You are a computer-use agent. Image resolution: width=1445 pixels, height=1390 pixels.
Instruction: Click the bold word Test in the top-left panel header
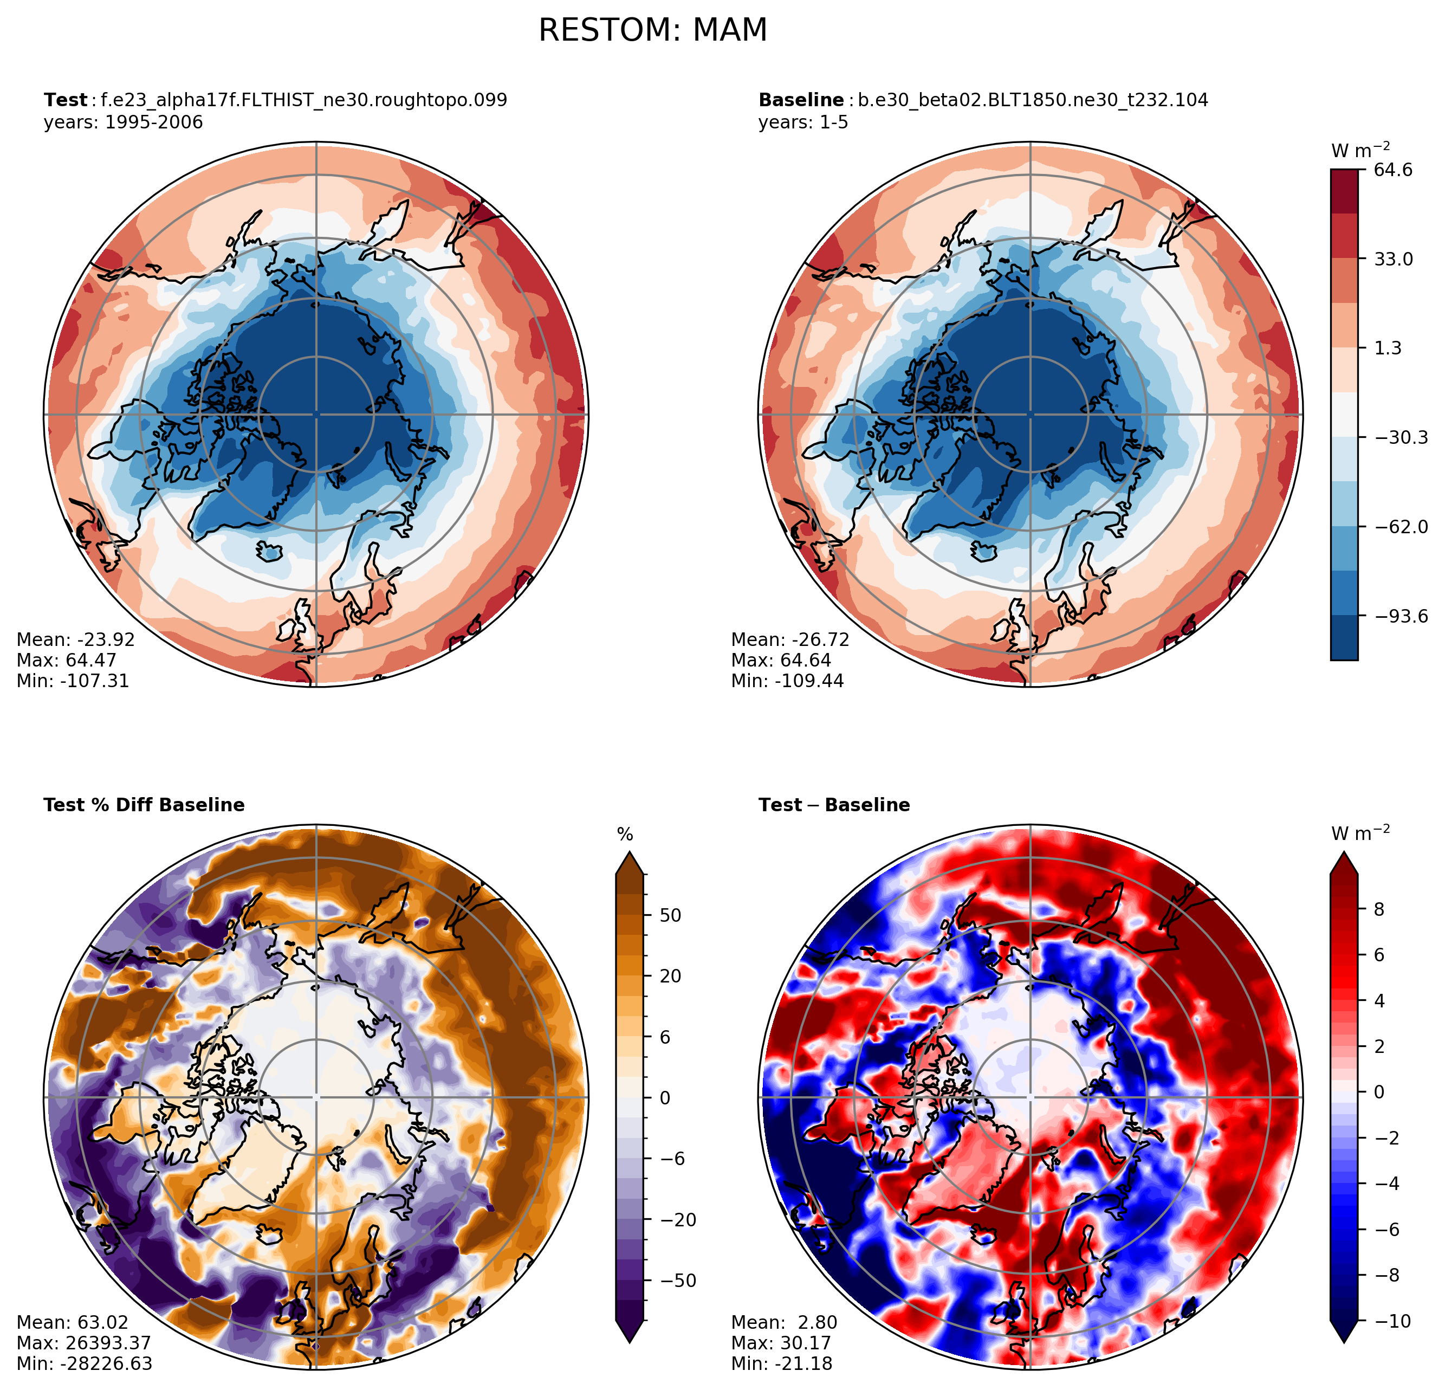pyautogui.click(x=65, y=100)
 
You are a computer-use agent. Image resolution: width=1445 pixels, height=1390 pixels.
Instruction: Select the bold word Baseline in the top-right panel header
pyautogui.click(x=801, y=100)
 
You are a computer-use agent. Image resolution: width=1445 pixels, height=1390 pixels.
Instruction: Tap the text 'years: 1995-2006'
pyautogui.click(x=123, y=122)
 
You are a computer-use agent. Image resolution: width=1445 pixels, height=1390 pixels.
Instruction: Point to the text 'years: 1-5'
pyautogui.click(x=803, y=122)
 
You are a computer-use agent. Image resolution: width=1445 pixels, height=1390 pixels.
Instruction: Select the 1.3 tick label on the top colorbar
pyautogui.click(x=1388, y=348)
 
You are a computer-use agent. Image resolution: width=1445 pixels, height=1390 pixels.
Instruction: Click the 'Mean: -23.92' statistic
pyautogui.click(x=75, y=639)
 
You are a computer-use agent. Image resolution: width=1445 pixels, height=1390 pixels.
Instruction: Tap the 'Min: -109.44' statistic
pyautogui.click(x=787, y=681)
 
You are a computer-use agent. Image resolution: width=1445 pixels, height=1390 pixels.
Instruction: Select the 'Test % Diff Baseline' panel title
pyautogui.click(x=145, y=805)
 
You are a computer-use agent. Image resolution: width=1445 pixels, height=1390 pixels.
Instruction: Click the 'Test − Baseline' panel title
pyautogui.click(x=834, y=805)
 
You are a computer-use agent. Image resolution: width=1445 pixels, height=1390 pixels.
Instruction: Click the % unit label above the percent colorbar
pyautogui.click(x=625, y=835)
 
